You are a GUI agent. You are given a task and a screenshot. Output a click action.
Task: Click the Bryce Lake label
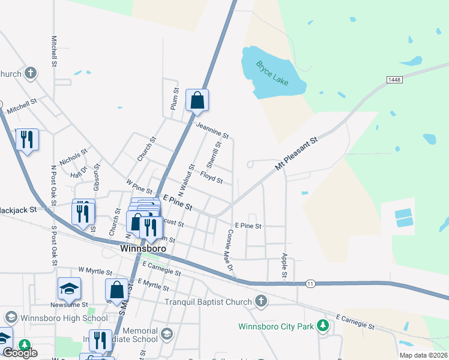point(273,73)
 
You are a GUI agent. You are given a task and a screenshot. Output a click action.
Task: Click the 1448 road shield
point(394,80)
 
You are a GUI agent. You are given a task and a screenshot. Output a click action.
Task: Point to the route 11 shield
point(310,283)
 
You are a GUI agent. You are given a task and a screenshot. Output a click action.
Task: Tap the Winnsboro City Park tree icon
point(324,326)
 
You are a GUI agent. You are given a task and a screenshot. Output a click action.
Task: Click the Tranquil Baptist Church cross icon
point(261,301)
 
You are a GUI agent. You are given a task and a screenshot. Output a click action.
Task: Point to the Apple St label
point(285,265)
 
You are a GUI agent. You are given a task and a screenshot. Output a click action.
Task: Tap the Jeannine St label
point(212,130)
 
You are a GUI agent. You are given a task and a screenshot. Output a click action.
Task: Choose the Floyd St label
point(211,178)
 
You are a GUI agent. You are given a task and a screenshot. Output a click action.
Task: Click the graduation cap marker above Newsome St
point(69,289)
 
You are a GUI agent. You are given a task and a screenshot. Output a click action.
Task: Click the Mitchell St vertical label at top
point(54,50)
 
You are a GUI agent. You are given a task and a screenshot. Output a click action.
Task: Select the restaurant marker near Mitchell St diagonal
point(27,140)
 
